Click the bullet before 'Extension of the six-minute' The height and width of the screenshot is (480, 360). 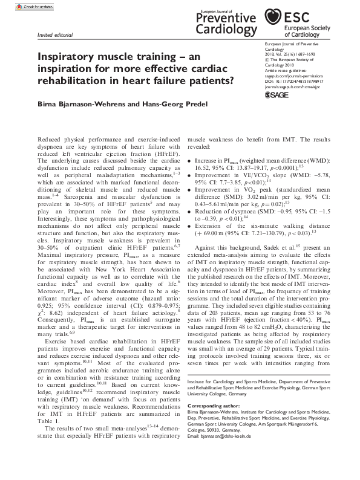pyautogui.click(x=191, y=224)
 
